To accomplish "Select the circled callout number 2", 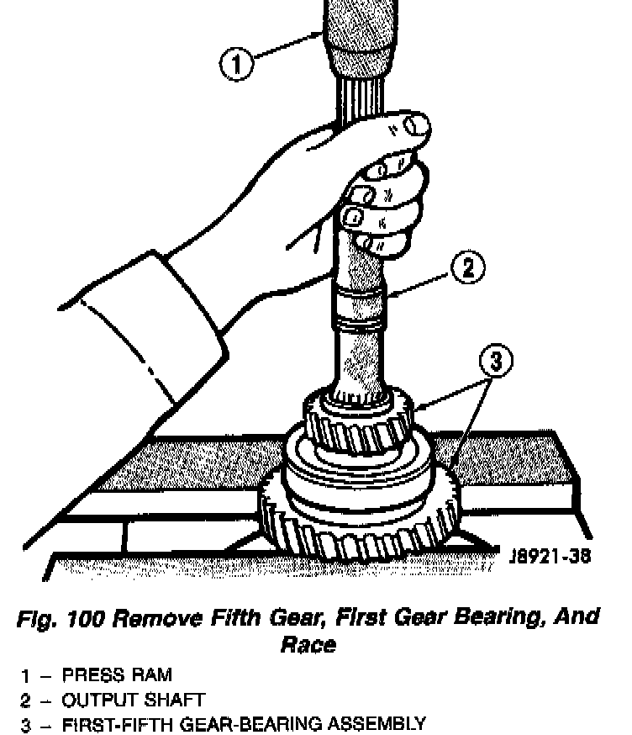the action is click(x=467, y=268).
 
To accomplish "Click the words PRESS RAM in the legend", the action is click(x=117, y=674).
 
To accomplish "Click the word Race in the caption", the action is click(x=308, y=644).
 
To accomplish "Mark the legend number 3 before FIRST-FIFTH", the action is click(x=26, y=723).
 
